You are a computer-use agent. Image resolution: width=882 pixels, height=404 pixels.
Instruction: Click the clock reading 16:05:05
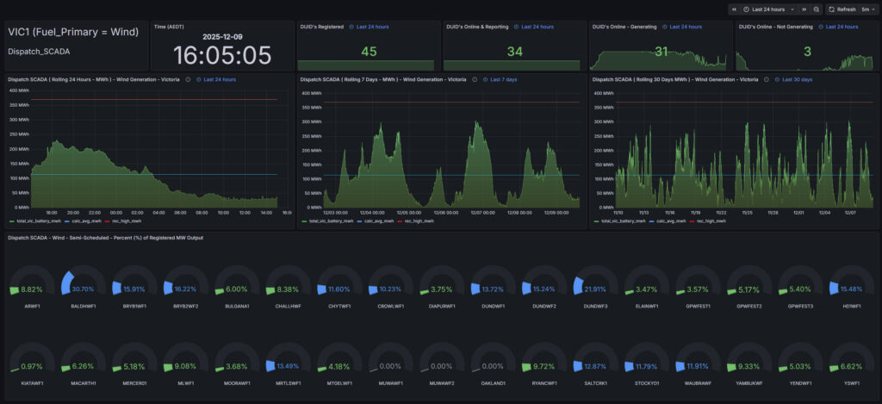click(222, 55)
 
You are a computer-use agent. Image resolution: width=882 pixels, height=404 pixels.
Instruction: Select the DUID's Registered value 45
click(369, 52)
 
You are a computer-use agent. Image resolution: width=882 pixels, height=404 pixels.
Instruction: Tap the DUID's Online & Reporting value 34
click(514, 52)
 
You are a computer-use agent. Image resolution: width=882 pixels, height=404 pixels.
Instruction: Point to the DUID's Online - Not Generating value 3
click(807, 52)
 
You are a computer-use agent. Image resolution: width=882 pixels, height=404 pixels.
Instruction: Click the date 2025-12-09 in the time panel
click(222, 37)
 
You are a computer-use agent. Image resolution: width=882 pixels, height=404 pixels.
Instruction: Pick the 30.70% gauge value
click(83, 289)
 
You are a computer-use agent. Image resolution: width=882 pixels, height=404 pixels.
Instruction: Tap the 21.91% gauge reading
click(595, 289)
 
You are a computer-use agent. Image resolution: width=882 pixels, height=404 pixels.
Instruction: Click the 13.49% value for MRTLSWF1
click(288, 365)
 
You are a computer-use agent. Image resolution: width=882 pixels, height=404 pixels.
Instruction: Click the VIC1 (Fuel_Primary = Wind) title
click(73, 32)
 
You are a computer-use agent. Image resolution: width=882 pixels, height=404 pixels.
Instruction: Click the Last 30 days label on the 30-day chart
click(797, 79)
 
